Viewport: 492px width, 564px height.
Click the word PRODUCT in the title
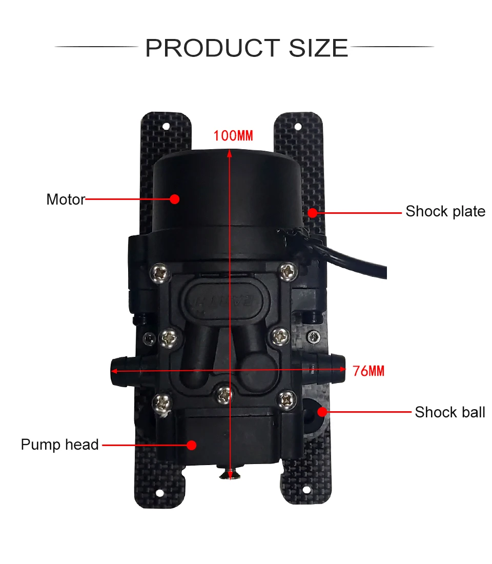pos(213,48)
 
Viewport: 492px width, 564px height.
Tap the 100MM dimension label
pos(233,136)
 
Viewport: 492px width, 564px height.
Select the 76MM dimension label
pos(368,371)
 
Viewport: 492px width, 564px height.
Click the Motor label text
pos(65,199)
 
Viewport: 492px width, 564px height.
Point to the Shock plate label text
pos(445,211)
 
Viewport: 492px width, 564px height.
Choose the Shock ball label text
pos(449,412)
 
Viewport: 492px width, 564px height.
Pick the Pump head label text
pos(59,445)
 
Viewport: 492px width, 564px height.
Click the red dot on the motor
pos(175,199)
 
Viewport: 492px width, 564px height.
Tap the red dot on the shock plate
pos(312,211)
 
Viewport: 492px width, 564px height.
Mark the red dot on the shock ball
pos(322,411)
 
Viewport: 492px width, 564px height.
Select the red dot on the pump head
pos(192,445)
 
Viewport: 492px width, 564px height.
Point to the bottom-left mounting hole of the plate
pos(160,493)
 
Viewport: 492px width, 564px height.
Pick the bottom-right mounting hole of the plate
pos(306,490)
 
